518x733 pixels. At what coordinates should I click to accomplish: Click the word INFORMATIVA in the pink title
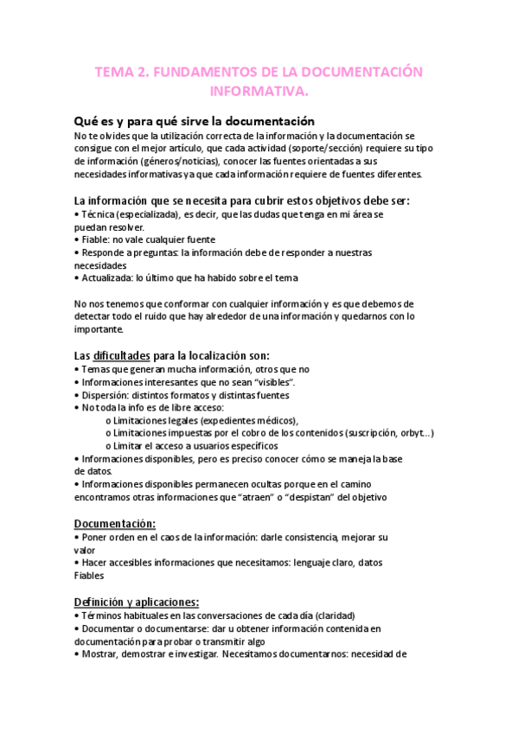coord(259,90)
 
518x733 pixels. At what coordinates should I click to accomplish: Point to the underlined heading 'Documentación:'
coord(115,523)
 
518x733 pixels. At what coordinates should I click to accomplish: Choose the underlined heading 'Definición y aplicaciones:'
coord(137,602)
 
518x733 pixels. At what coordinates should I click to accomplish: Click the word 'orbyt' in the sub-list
coord(410,433)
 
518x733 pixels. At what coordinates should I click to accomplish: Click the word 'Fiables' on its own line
coord(90,576)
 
